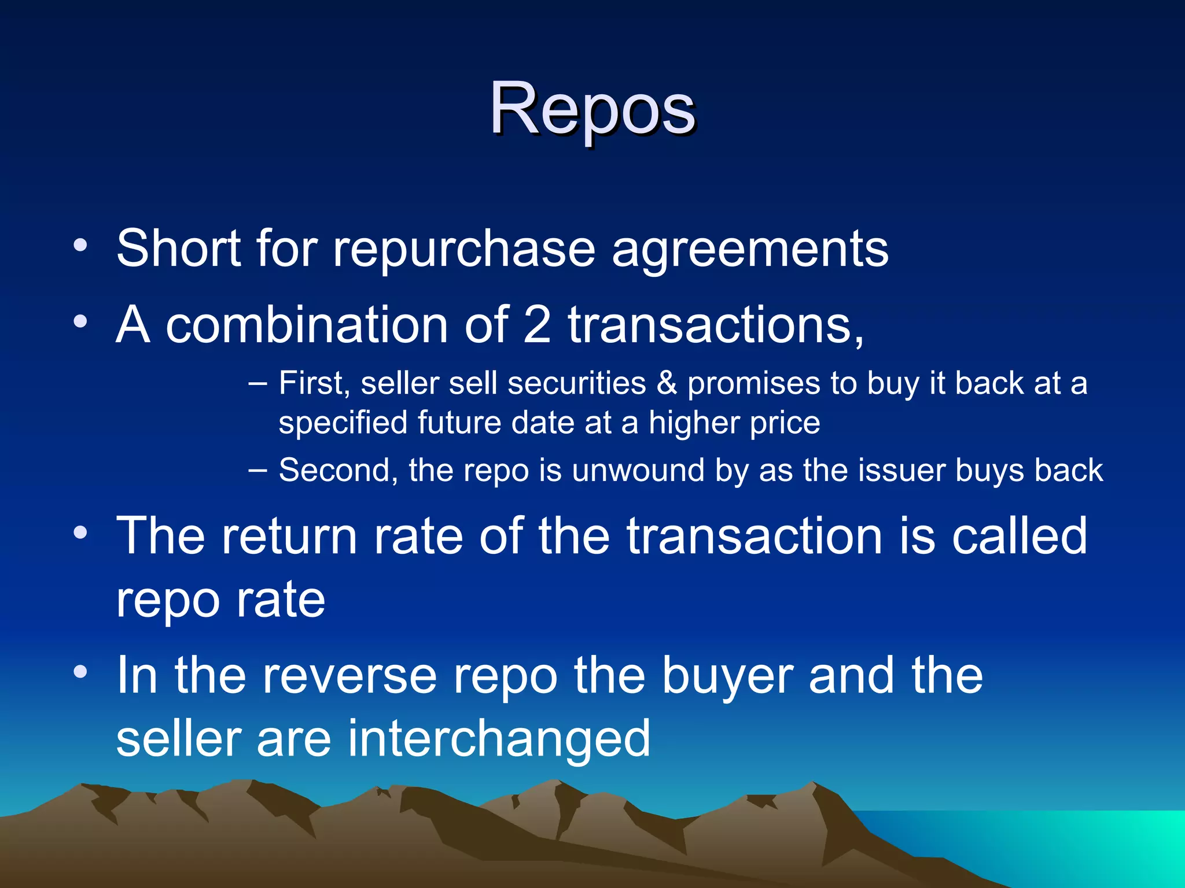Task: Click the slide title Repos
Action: click(592, 110)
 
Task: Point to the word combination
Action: click(307, 325)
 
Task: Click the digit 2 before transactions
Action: click(537, 325)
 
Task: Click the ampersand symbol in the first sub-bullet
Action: click(667, 383)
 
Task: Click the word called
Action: click(1020, 536)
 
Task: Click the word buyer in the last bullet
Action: click(727, 676)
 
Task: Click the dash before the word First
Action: click(257, 384)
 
